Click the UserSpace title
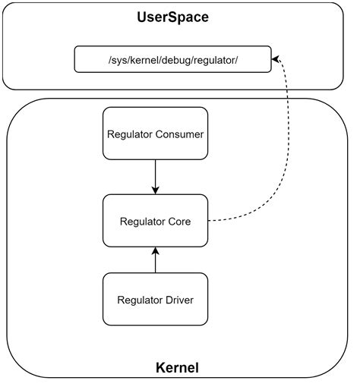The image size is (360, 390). click(173, 17)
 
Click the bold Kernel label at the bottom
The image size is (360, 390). click(176, 369)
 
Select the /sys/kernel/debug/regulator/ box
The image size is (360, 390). click(172, 60)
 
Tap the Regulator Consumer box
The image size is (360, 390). click(155, 134)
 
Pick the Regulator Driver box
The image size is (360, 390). click(155, 299)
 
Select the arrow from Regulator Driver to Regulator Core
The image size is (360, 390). click(155, 259)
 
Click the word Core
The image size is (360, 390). click(178, 222)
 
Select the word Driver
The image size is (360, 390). click(178, 300)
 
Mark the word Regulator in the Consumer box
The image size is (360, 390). click(131, 134)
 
